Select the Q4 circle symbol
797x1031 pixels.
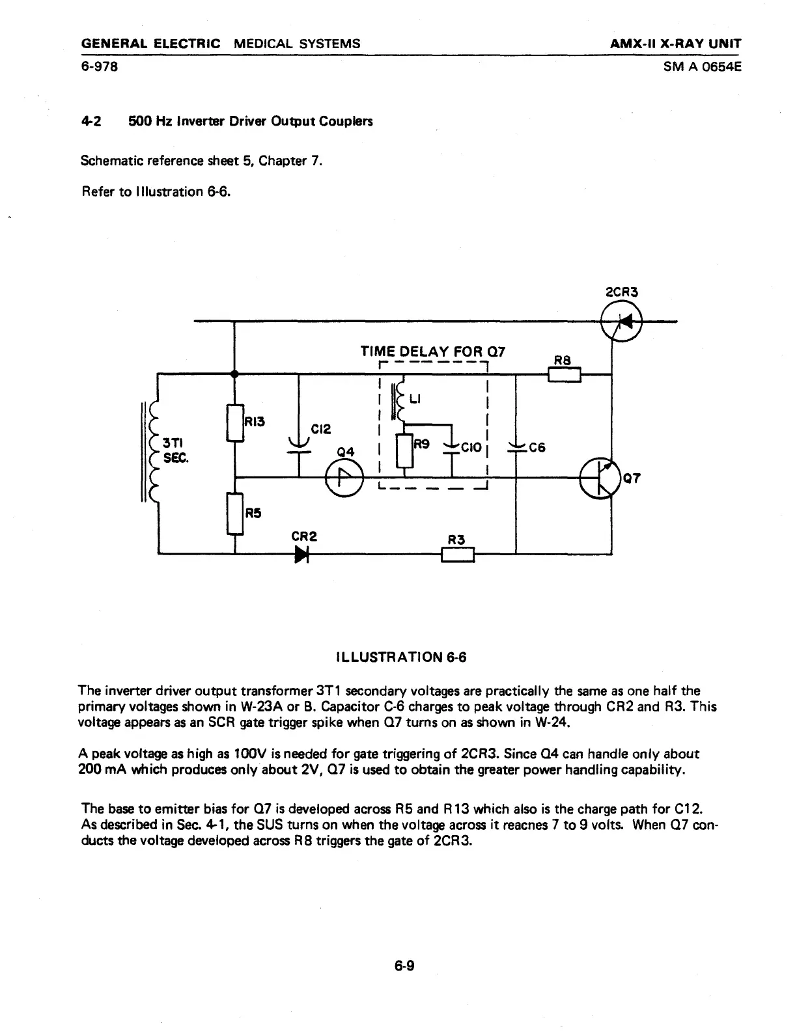tap(344, 480)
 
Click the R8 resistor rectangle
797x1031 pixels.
tap(564, 374)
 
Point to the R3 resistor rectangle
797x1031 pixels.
tap(458, 555)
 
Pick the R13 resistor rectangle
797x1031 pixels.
tap(235, 423)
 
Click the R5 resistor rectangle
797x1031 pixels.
tap(235, 513)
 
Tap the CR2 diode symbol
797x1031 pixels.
tap(301, 555)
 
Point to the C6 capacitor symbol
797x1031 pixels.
tap(516, 448)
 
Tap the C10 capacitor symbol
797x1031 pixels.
tap(451, 448)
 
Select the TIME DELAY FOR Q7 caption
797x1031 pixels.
tap(432, 352)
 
